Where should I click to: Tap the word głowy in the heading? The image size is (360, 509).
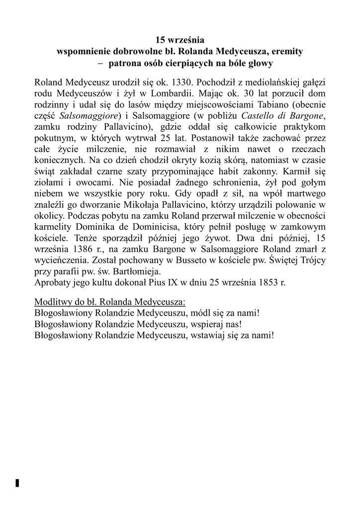259,64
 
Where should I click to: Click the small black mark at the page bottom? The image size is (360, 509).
17,483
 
